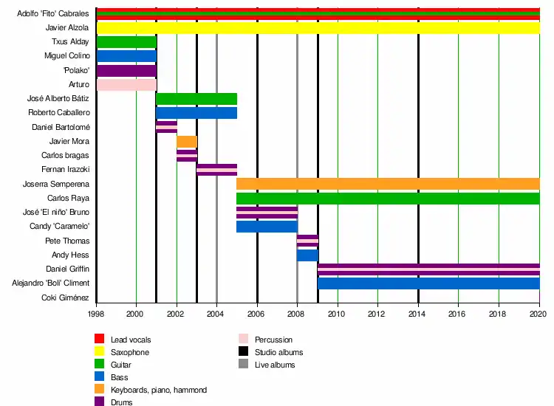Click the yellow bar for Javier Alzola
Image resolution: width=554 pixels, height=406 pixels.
coord(318,28)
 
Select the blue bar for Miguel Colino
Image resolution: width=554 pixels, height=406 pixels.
coord(126,56)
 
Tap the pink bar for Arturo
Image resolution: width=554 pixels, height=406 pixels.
coord(126,85)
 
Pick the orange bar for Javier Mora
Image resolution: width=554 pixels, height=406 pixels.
coord(187,142)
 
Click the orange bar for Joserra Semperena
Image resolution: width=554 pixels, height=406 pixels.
coord(388,184)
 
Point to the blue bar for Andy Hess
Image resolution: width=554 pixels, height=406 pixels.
coord(307,255)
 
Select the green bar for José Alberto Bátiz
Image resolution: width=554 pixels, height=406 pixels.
coord(196,99)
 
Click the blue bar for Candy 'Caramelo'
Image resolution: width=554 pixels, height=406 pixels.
coord(267,227)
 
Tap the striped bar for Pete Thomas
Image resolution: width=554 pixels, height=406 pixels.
coord(307,241)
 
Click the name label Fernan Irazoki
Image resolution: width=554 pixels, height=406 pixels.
coord(66,170)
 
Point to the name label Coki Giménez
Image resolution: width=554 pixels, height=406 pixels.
coord(67,298)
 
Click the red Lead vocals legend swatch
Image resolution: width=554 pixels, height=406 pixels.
coord(100,340)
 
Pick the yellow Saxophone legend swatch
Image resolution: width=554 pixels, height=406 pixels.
coord(100,352)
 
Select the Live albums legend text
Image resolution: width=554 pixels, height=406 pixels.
coord(275,365)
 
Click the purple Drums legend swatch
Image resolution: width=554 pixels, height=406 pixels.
coord(100,402)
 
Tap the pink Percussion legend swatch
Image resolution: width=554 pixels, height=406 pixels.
coord(244,340)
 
